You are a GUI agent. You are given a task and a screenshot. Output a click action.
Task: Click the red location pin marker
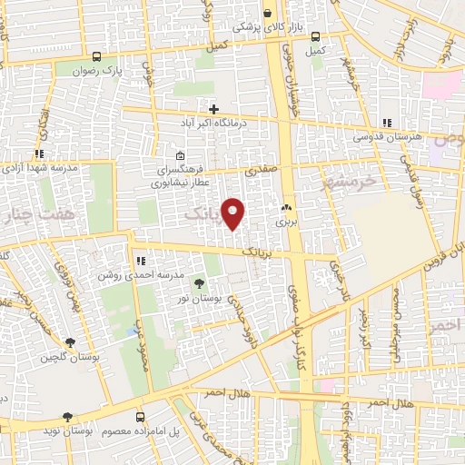pyautogui.click(x=234, y=213)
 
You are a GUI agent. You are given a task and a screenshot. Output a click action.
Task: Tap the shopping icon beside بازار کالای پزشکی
pyautogui.click(x=267, y=13)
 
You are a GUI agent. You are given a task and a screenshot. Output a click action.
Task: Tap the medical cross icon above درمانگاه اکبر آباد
pyautogui.click(x=214, y=109)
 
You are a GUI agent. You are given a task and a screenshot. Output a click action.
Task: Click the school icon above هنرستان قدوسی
pyautogui.click(x=387, y=123)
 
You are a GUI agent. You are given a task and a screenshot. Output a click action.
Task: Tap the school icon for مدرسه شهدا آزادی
pyautogui.click(x=38, y=154)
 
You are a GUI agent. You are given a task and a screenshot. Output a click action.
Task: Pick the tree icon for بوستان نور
pyautogui.click(x=199, y=285)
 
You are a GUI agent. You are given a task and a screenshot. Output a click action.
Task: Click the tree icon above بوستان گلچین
pyautogui.click(x=70, y=342)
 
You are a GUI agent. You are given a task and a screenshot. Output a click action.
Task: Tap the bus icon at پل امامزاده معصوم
pyautogui.click(x=139, y=416)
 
